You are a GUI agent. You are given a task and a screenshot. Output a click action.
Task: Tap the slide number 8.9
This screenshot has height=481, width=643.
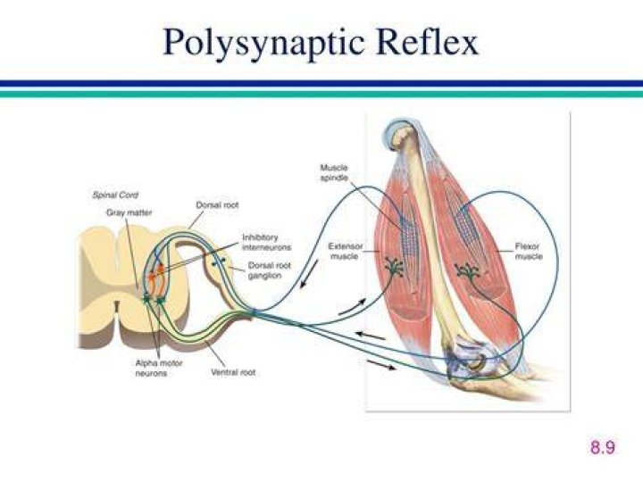[603, 446]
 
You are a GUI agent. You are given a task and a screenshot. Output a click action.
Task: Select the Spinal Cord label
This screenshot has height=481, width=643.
[115, 195]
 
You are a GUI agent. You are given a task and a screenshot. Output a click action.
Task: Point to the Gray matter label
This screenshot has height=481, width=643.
[129, 212]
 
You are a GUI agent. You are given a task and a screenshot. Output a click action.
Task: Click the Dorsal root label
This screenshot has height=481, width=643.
[217, 205]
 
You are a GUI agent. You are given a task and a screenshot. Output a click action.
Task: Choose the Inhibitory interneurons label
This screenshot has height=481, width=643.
[266, 242]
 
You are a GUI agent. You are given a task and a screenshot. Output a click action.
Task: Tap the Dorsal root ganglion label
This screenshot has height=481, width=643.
[269, 270]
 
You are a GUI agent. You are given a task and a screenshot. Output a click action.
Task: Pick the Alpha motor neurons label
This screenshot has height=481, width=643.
[159, 368]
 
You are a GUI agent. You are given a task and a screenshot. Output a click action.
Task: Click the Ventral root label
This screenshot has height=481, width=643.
[233, 372]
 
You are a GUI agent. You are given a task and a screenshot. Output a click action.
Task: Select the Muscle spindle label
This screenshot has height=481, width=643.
[334, 172]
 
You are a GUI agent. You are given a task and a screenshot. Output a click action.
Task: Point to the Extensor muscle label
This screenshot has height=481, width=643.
[346, 251]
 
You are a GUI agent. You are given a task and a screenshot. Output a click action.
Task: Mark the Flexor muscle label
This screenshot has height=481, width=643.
[529, 251]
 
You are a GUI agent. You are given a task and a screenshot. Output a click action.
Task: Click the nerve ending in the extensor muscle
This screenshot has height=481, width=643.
[394, 267]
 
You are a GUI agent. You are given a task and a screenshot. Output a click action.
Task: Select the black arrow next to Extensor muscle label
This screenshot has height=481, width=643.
[309, 274]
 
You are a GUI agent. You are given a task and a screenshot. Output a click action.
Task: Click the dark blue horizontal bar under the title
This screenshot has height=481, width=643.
[321, 83]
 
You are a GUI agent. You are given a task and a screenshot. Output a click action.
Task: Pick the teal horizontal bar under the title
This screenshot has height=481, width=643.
[321, 94]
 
